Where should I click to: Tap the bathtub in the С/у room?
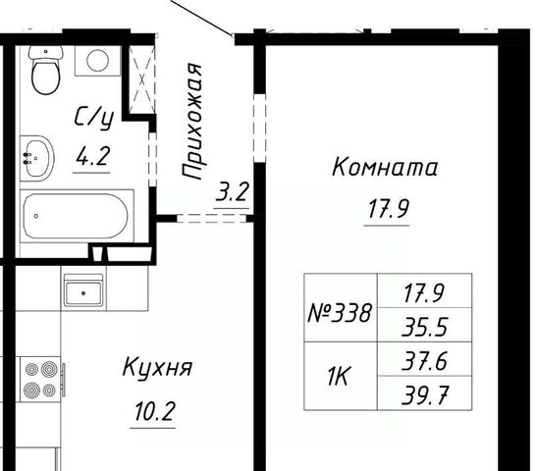(77, 216)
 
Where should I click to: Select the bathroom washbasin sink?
(36, 159)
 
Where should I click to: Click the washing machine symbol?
(97, 61)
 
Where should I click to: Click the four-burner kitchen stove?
(41, 379)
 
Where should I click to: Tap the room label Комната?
(385, 168)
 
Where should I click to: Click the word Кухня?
(157, 368)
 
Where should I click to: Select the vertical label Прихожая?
(192, 122)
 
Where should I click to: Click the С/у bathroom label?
(93, 118)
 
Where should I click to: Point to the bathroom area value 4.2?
(92, 156)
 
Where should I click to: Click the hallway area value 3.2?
(232, 192)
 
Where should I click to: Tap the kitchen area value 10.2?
(155, 411)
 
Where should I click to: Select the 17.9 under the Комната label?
(388, 209)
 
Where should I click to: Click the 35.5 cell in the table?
(425, 326)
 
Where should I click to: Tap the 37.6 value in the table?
(425, 361)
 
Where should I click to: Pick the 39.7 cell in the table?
(425, 394)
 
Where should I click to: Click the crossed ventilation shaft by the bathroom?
(142, 79)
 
